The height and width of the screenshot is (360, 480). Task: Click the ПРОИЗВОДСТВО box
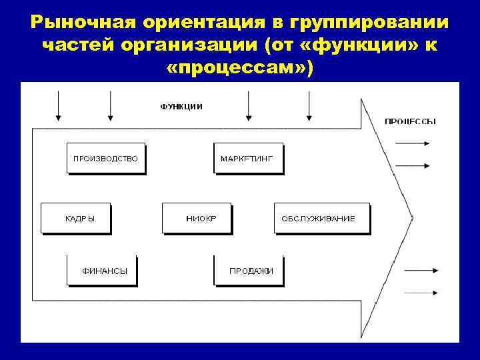pyautogui.click(x=105, y=159)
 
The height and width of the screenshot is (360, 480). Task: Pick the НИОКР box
pyautogui.click(x=197, y=218)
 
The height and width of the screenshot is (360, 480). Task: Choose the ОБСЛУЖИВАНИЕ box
pyautogui.click(x=321, y=218)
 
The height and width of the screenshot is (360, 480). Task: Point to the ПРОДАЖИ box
pyautogui.click(x=251, y=270)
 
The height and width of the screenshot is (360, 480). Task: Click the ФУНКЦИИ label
pyautogui.click(x=181, y=107)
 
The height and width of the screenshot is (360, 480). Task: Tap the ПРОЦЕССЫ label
pyautogui.click(x=411, y=122)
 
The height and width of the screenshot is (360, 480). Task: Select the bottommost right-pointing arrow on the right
pyautogui.click(x=420, y=291)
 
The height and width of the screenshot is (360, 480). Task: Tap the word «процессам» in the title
pyautogui.click(x=239, y=67)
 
